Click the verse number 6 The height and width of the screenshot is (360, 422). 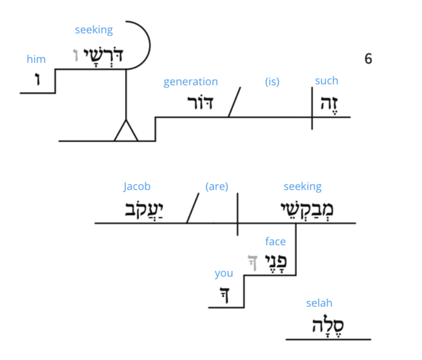point(368,59)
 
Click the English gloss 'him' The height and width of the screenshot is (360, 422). point(36,59)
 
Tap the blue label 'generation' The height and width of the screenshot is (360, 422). point(190,82)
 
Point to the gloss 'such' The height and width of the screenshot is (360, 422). point(327,81)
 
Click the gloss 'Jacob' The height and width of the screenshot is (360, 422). point(137,187)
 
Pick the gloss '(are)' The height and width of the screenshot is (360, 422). point(216,187)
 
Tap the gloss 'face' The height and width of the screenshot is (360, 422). point(275,241)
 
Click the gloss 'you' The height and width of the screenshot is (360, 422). point(224,273)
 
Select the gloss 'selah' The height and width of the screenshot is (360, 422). point(319,303)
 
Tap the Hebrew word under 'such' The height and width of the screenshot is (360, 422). point(327,104)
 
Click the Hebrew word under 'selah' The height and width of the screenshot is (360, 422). point(330,326)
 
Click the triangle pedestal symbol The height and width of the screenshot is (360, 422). point(126,132)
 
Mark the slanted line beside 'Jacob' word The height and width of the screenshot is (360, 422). point(192,208)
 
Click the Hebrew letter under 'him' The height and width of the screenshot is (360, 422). point(37,81)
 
